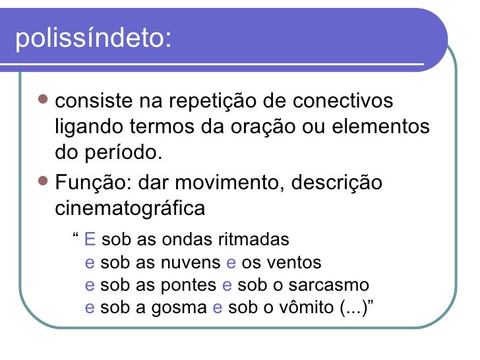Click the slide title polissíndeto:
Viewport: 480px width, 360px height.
(92, 39)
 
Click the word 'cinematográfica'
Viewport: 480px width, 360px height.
(129, 208)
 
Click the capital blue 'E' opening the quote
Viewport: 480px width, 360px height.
(91, 238)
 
